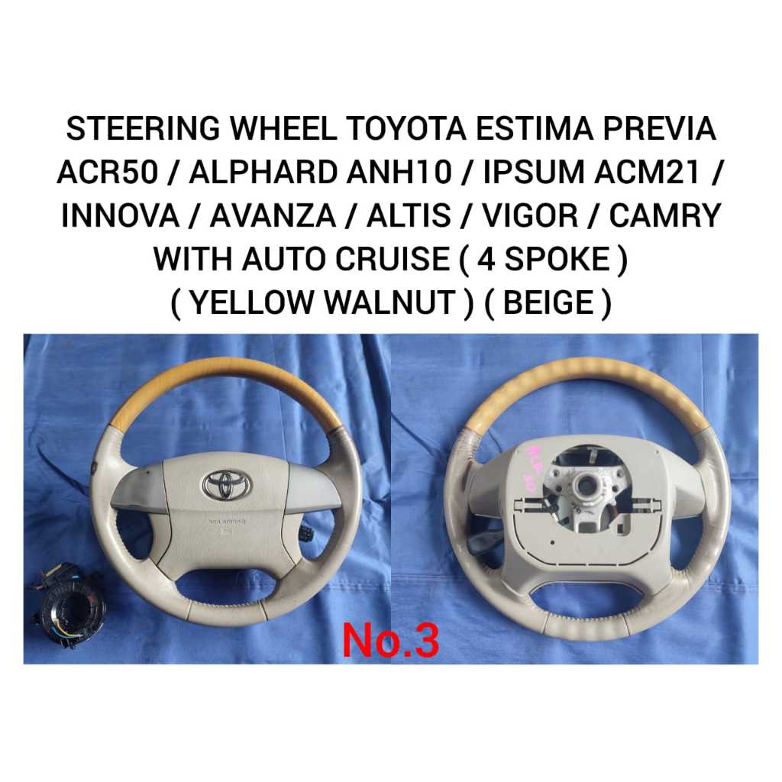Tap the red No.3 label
coord(390,641)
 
